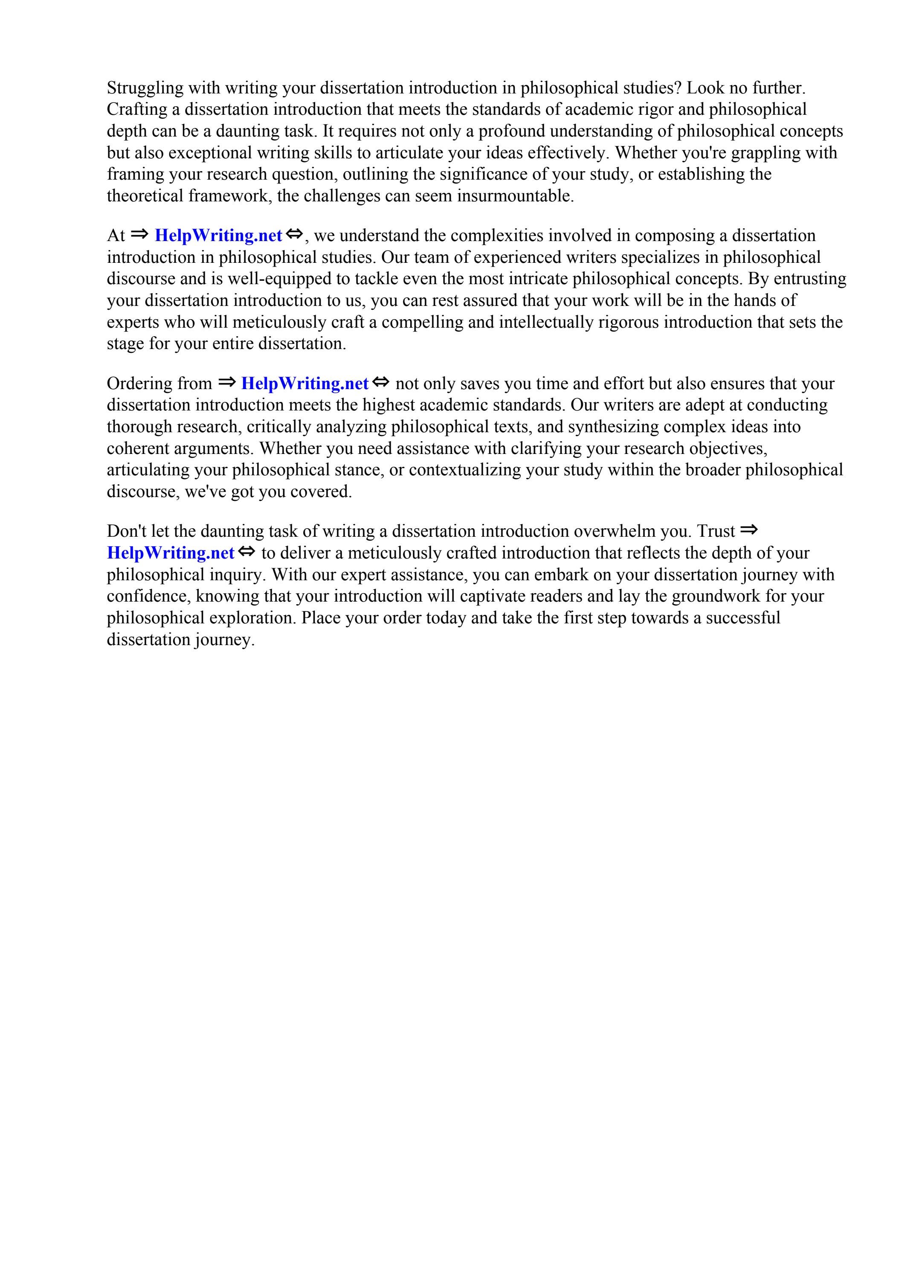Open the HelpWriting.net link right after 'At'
218,236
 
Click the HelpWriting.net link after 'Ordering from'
305,384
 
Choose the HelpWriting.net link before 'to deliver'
171,553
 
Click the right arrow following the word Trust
749,530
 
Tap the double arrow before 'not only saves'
381,383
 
